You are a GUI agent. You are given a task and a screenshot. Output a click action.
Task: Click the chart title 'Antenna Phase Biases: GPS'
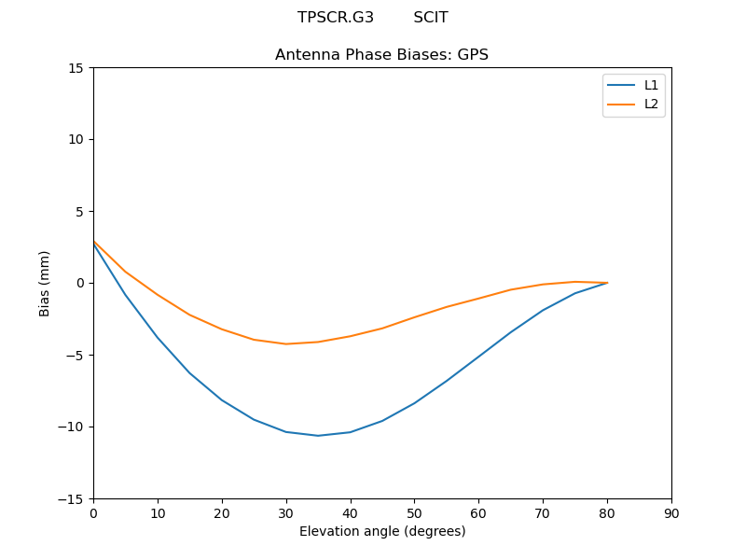click(x=381, y=55)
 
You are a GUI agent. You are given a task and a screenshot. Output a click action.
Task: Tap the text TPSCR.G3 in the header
click(x=336, y=18)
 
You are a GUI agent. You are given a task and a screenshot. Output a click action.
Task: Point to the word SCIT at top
click(x=431, y=18)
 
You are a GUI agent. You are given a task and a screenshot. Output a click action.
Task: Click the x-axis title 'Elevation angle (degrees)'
click(x=381, y=531)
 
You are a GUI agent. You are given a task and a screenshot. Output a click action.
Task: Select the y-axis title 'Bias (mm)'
click(x=45, y=283)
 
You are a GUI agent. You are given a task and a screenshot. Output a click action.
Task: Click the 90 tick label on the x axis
click(x=671, y=512)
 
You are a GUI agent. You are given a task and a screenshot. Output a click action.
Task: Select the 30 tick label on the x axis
click(x=286, y=512)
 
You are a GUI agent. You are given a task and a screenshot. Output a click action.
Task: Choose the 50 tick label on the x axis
click(x=414, y=512)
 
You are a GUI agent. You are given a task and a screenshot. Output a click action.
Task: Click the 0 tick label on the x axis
click(x=93, y=512)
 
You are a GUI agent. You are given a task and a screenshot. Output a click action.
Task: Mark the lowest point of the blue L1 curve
click(x=318, y=436)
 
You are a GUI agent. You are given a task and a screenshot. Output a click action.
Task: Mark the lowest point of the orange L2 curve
click(x=286, y=343)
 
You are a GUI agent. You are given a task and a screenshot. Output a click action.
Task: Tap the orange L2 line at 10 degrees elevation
click(x=158, y=295)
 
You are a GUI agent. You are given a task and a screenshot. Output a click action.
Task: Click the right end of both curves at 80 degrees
click(x=607, y=283)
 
